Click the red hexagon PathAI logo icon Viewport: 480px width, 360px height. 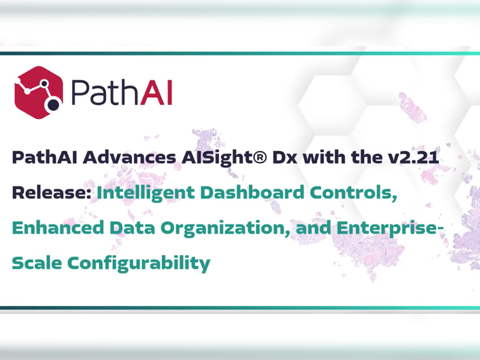(x=38, y=92)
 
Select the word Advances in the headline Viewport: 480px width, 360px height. (x=129, y=157)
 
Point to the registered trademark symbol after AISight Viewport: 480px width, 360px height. (x=261, y=157)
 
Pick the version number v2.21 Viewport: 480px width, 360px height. (x=413, y=157)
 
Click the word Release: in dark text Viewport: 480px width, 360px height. (x=52, y=193)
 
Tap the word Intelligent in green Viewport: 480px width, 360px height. (x=146, y=193)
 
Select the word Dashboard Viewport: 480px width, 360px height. (x=252, y=193)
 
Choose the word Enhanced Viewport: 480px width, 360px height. (x=58, y=228)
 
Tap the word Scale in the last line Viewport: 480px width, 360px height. (x=37, y=263)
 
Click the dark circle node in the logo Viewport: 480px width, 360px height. (x=53, y=104)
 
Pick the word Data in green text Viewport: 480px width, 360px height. (x=132, y=228)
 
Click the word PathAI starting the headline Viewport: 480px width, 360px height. (x=44, y=157)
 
